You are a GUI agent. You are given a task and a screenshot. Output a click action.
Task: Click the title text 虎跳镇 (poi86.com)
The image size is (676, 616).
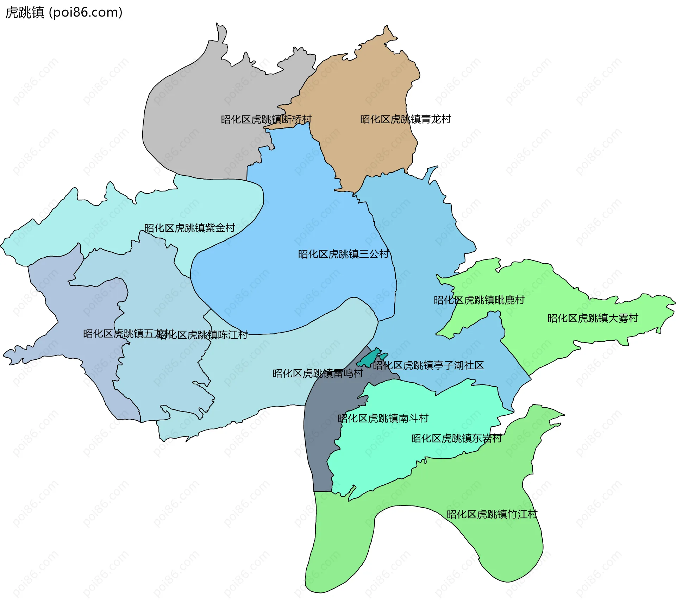coord(64,12)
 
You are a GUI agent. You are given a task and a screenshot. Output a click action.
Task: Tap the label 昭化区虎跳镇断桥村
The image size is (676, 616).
coord(266,120)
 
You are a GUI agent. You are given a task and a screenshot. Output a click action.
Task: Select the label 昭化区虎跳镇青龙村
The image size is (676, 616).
coord(405,119)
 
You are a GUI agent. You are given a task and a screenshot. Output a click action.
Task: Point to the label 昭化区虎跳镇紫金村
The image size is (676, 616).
coord(189,228)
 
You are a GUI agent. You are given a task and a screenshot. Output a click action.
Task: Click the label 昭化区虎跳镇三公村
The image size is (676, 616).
coord(343,254)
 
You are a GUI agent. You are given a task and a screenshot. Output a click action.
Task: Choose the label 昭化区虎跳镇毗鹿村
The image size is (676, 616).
coord(479,300)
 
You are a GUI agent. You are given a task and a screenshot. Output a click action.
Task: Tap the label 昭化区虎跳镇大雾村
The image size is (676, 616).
coord(593,318)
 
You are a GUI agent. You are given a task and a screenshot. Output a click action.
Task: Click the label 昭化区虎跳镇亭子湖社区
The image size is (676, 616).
coord(428,365)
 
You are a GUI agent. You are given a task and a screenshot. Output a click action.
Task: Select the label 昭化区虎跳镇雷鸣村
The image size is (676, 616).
coord(318,373)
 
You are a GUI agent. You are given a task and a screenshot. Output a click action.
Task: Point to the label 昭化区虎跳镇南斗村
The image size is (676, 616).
coord(383,419)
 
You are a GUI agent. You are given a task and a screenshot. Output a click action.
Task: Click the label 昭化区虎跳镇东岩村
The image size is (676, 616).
coord(456,439)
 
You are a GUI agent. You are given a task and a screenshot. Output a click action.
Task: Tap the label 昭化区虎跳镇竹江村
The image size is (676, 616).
coord(492,515)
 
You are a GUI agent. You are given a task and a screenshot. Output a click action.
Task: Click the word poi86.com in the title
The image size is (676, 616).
coord(86,12)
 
